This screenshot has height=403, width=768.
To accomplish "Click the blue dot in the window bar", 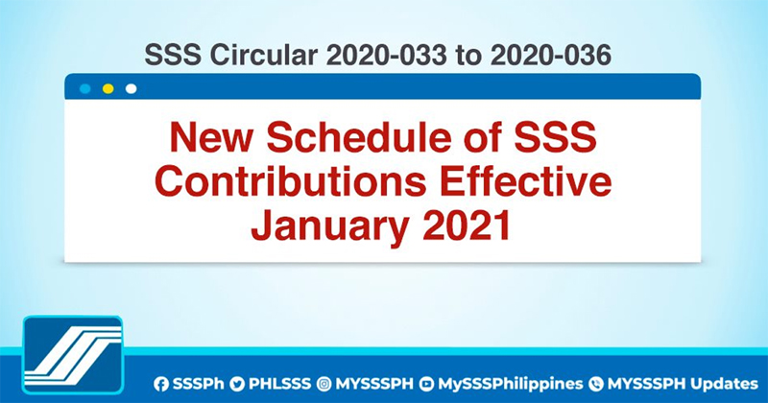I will click(85, 88).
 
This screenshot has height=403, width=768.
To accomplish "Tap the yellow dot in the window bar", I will click(108, 88).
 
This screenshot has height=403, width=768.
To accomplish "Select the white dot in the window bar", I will click(132, 88).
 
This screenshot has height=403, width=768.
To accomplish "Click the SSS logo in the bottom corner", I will click(73, 357).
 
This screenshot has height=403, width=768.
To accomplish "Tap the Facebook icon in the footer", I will click(161, 383).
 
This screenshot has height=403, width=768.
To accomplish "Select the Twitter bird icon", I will click(237, 383).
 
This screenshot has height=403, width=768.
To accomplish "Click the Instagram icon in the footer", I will click(324, 383).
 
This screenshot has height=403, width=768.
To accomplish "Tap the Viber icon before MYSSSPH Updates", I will click(595, 383).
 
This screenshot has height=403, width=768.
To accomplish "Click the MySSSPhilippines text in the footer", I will click(505, 383).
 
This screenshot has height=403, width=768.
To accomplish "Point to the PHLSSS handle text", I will click(279, 383).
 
